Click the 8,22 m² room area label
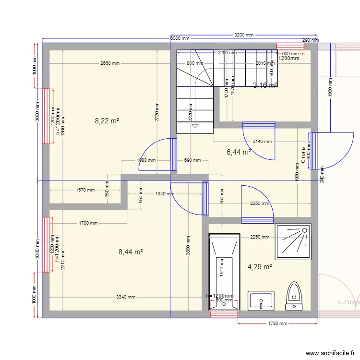107,121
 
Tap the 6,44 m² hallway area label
239,152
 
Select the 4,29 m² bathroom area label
260,267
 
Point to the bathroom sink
261,300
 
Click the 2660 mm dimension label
110,63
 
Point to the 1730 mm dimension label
277,324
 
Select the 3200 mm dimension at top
243,35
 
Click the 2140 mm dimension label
262,142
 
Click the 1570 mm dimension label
85,190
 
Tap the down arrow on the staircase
195,126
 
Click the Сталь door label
303,155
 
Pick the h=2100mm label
348,303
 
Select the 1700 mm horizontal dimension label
88,223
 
